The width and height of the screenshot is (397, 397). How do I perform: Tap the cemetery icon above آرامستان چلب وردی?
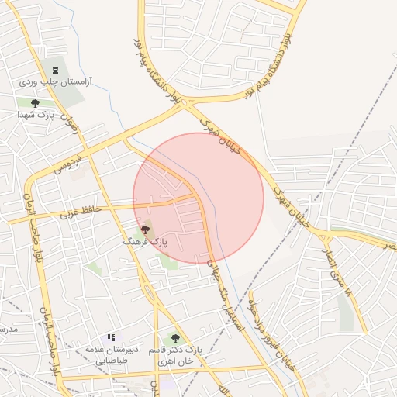[x=54, y=69]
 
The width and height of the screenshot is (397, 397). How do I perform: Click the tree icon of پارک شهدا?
[x=35, y=102]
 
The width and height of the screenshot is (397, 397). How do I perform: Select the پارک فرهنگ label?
[x=144, y=242]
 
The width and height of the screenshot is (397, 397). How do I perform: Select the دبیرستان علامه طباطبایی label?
[x=113, y=355]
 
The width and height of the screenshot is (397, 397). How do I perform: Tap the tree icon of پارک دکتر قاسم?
[x=175, y=338]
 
